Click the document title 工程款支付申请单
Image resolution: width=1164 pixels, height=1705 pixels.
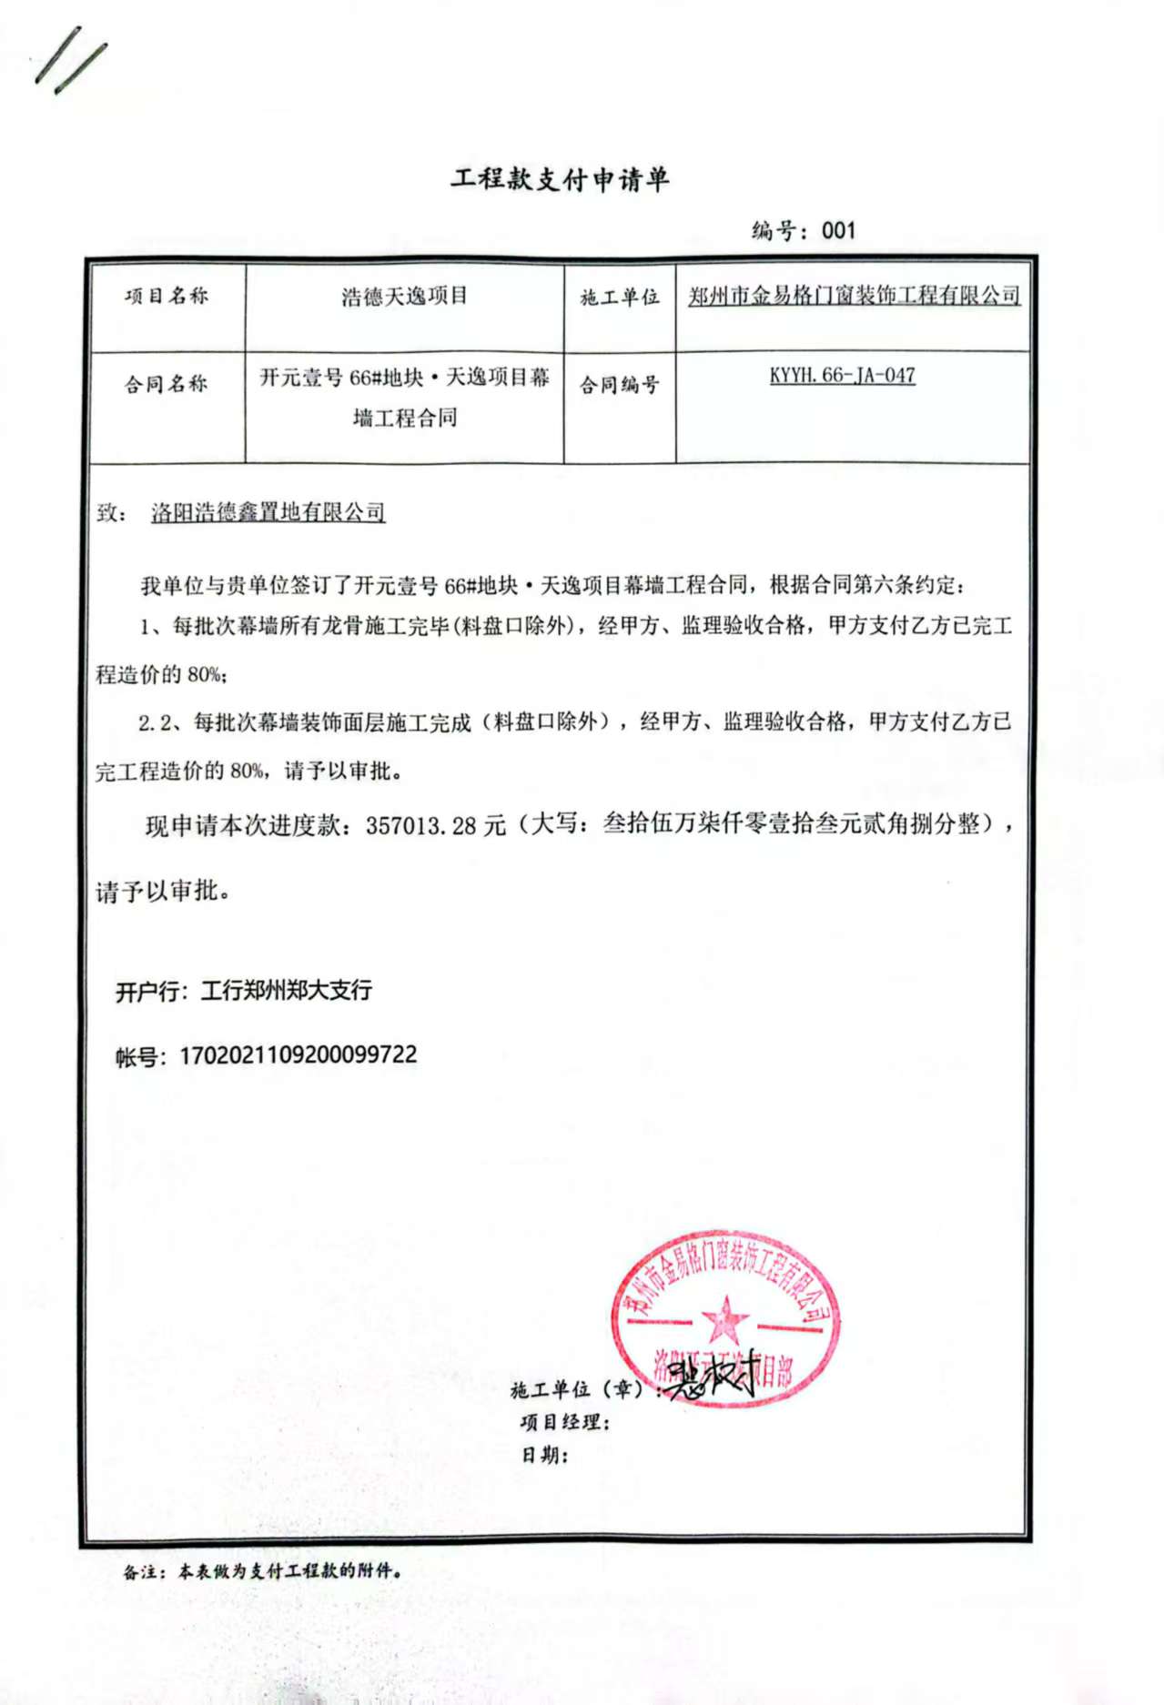(560, 179)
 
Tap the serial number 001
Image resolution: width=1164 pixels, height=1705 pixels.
(838, 230)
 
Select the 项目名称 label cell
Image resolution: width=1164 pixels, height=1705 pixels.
(167, 296)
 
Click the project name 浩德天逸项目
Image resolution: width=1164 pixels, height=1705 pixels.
(404, 296)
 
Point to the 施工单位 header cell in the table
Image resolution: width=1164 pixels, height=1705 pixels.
(620, 298)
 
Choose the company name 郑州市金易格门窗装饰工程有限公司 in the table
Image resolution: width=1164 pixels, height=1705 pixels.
(854, 295)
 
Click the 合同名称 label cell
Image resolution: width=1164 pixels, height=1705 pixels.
(167, 384)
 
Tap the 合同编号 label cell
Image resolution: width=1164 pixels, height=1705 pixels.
(620, 385)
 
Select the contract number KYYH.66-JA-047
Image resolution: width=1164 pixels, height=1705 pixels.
(842, 375)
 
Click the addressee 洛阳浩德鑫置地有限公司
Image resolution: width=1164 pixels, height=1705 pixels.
(268, 512)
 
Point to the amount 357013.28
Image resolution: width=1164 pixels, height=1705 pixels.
(420, 825)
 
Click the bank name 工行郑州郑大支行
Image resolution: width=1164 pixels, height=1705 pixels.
(286, 990)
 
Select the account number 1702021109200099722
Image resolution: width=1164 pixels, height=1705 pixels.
(298, 1054)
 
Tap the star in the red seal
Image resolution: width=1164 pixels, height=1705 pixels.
(725, 1319)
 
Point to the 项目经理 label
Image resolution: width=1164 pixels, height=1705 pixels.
(564, 1422)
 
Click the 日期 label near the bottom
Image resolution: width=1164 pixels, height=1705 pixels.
(544, 1455)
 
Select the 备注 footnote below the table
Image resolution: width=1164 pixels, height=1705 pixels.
(263, 1571)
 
